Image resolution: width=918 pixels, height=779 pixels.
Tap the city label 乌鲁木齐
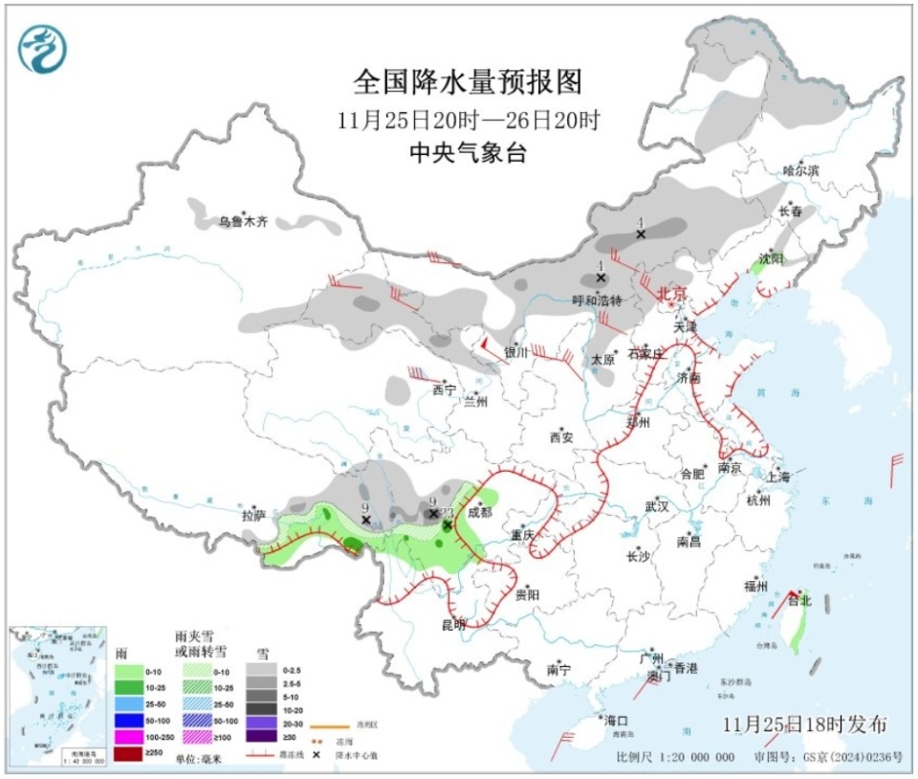pyautogui.click(x=242, y=222)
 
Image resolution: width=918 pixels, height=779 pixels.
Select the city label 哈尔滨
pyautogui.click(x=801, y=170)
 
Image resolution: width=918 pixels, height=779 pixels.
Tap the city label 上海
pyautogui.click(x=777, y=476)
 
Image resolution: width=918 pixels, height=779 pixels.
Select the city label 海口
pyautogui.click(x=616, y=720)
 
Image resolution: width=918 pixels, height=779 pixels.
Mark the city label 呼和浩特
pyautogui.click(x=597, y=300)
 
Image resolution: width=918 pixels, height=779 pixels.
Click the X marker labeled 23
pyautogui.click(x=447, y=524)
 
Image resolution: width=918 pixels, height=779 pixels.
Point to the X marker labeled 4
pyautogui.click(x=641, y=234)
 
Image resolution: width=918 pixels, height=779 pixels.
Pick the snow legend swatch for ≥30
pyautogui.click(x=260, y=736)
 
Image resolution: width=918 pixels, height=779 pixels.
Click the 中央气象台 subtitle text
pyautogui.click(x=468, y=153)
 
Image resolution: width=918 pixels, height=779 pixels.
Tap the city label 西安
pyautogui.click(x=560, y=437)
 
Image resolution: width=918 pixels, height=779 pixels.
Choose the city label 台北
pyautogui.click(x=798, y=601)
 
